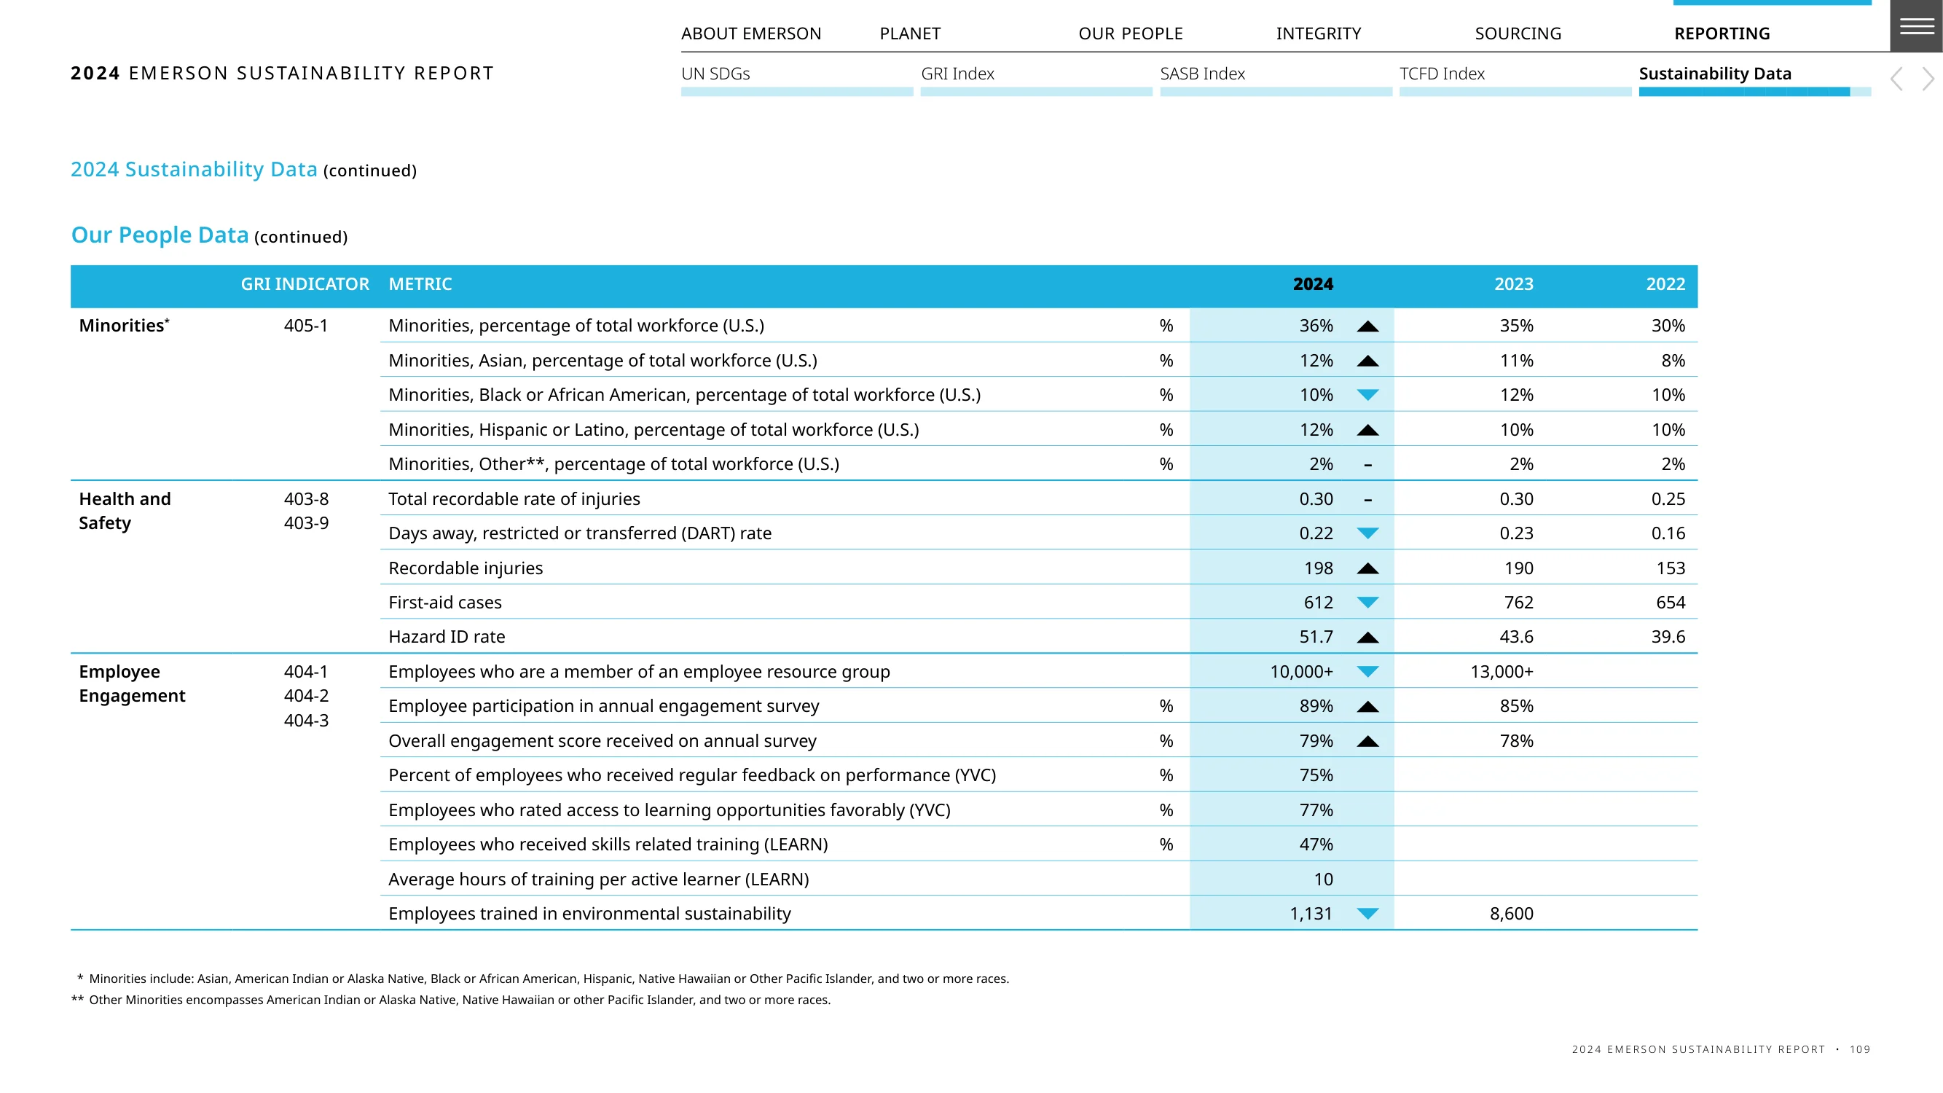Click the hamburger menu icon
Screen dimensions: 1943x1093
coord(1917,26)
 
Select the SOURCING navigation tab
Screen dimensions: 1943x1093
coord(1518,34)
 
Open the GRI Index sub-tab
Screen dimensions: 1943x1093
coord(957,73)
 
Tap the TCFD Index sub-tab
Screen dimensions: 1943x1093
coord(1442,73)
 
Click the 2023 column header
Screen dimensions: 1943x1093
coord(1514,283)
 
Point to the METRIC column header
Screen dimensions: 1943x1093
coord(420,283)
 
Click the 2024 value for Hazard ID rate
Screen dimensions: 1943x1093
coord(1316,637)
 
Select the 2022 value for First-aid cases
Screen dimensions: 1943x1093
coord(1670,602)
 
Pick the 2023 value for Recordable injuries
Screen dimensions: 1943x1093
coord(1518,568)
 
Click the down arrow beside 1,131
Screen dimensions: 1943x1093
coord(1367,914)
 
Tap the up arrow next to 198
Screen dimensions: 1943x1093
coord(1367,568)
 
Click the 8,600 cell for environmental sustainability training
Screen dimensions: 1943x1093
coord(1512,914)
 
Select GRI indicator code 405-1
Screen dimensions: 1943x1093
coord(306,325)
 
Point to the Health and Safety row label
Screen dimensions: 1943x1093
coord(125,511)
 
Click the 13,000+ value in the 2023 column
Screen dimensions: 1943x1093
coord(1502,671)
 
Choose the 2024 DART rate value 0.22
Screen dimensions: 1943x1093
coord(1316,533)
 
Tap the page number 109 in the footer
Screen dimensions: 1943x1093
coord(1859,1049)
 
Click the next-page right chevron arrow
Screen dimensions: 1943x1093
coord(1928,79)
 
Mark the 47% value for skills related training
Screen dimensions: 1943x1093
coord(1316,844)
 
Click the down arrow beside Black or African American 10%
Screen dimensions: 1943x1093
coord(1367,394)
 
